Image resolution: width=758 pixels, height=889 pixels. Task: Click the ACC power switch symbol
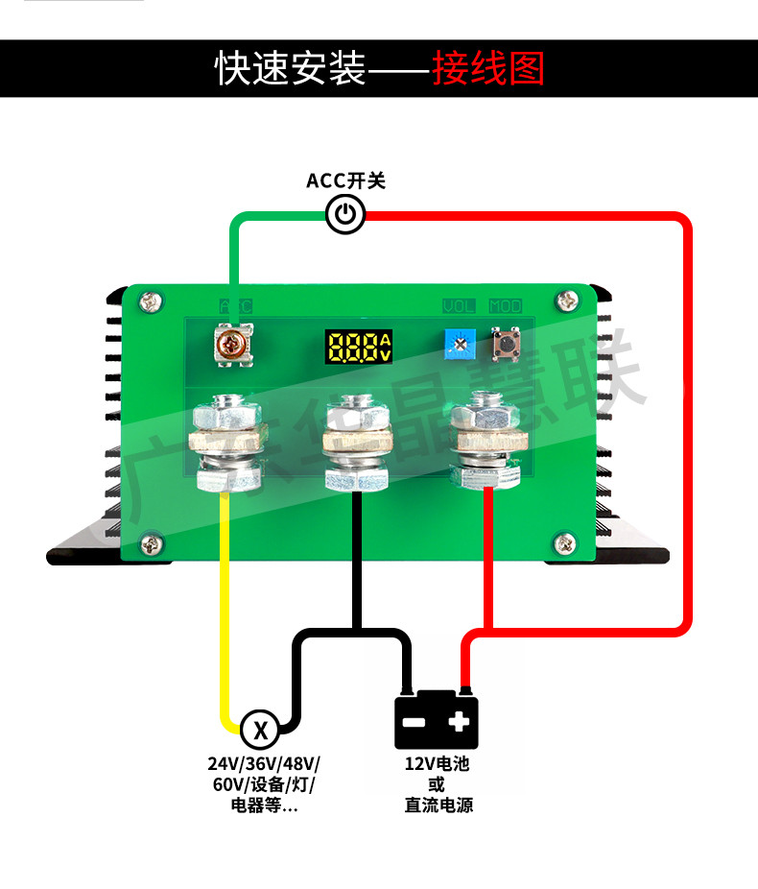click(x=345, y=214)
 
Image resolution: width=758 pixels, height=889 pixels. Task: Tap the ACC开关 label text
click(x=345, y=180)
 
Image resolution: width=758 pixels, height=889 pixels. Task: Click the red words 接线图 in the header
click(x=487, y=69)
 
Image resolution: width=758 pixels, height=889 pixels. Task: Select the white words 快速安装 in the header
click(x=290, y=69)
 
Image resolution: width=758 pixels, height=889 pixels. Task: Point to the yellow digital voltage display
click(x=358, y=347)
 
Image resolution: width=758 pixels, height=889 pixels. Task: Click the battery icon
click(x=437, y=720)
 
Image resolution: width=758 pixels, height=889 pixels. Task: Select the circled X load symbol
click(x=259, y=730)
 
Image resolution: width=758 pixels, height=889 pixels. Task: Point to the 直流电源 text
click(x=438, y=805)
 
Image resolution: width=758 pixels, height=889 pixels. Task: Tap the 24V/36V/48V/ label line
click(x=264, y=764)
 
